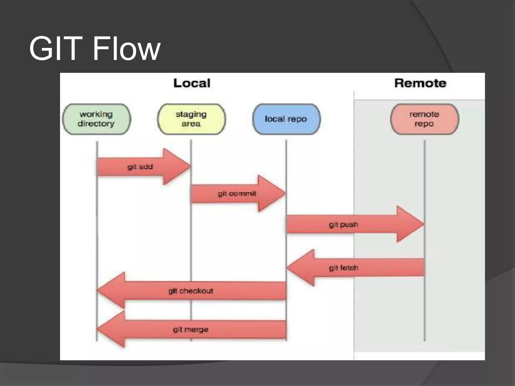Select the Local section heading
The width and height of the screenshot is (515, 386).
point(192,83)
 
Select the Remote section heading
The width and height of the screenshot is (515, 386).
point(420,83)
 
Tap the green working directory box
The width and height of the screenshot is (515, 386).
point(96,119)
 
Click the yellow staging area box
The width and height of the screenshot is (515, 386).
point(191,119)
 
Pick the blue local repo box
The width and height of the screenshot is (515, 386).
point(286,119)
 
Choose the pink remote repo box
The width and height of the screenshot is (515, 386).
point(424,119)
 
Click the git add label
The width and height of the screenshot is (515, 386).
point(140,167)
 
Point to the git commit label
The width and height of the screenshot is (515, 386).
point(237,194)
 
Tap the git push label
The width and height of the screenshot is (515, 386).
point(344,224)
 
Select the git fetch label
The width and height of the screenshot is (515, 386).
point(344,268)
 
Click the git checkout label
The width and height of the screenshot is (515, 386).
point(191,291)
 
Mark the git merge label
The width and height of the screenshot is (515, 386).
point(191,329)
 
